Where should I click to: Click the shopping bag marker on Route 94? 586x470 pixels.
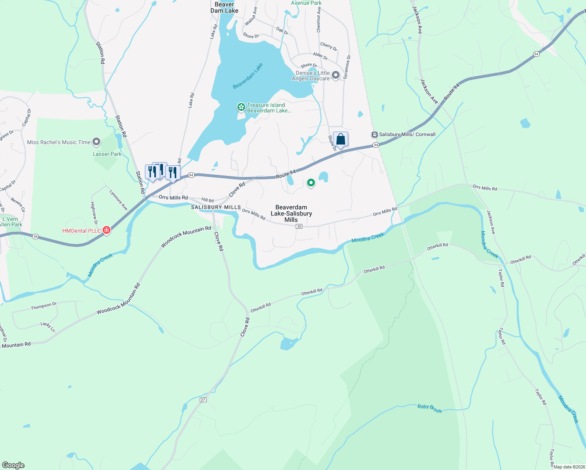pyautogui.click(x=340, y=139)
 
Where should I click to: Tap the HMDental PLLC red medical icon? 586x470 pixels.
pyautogui.click(x=106, y=231)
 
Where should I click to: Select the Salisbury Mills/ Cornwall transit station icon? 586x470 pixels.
pyautogui.click(x=374, y=134)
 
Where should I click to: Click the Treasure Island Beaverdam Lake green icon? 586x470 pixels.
pyautogui.click(x=241, y=107)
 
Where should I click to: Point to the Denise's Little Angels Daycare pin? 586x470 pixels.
pyautogui.click(x=336, y=75)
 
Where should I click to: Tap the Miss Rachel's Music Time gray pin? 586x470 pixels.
pyautogui.click(x=96, y=142)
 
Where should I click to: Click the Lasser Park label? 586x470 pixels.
pyautogui.click(x=107, y=154)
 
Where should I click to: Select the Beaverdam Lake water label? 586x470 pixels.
pyautogui.click(x=248, y=76)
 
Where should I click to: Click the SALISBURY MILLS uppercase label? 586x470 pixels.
pyautogui.click(x=216, y=207)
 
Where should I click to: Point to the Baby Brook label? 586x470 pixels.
pyautogui.click(x=429, y=409)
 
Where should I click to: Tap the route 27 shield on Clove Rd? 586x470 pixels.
pyautogui.click(x=203, y=399)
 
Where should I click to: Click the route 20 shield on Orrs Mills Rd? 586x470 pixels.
pyautogui.click(x=299, y=226)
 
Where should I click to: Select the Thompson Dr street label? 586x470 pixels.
pyautogui.click(x=44, y=306)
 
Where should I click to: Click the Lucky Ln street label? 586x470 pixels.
pyautogui.click(x=47, y=327)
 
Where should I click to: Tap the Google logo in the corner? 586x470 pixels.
pyautogui.click(x=13, y=465)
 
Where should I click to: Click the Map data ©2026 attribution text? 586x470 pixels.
pyautogui.click(x=569, y=467)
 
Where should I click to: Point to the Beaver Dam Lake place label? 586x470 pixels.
pyautogui.click(x=224, y=7)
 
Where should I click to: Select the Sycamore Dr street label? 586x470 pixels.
pyautogui.click(x=347, y=67)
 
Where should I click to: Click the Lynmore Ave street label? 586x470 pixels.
pyautogui.click(x=118, y=200)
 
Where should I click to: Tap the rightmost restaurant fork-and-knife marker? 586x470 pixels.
pyautogui.click(x=173, y=173)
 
